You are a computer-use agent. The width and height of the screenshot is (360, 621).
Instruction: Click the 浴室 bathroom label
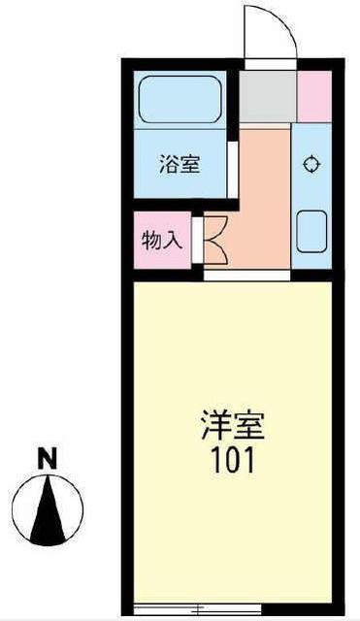(180, 164)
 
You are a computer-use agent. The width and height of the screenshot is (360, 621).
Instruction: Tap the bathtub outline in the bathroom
(180, 78)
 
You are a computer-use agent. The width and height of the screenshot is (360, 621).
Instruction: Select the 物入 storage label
(162, 241)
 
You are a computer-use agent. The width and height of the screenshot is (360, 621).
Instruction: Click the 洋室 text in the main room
(233, 426)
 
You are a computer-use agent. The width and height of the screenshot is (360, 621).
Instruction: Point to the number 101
(233, 460)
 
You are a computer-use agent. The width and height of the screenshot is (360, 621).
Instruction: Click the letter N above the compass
(48, 458)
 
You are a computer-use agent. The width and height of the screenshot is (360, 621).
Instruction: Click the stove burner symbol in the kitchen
(311, 164)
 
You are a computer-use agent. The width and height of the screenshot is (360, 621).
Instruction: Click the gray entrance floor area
(268, 97)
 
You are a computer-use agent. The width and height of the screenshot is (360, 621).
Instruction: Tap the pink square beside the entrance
(314, 97)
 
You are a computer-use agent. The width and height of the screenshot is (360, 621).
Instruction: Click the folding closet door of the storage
(215, 240)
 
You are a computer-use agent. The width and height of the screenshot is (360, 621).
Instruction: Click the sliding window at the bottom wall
(198, 608)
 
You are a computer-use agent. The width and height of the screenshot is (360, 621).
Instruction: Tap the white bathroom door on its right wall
(233, 169)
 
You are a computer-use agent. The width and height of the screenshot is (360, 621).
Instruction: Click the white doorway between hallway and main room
(247, 276)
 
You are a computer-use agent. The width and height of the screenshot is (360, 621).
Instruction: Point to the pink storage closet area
(162, 241)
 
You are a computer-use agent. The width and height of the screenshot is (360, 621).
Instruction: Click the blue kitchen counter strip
(311, 196)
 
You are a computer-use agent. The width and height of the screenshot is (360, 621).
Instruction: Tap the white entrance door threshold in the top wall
(271, 64)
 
